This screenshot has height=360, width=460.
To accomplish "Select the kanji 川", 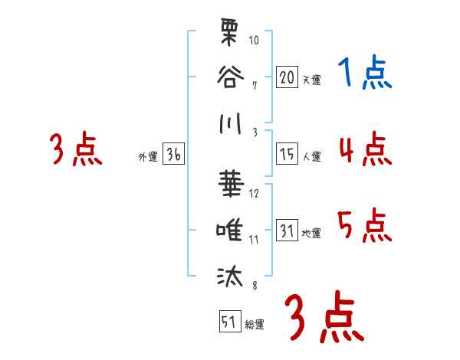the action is point(230,123).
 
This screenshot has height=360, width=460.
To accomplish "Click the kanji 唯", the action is point(230,229).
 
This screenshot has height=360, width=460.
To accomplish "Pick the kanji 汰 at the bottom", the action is point(230,276).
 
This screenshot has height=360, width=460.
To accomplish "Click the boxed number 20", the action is point(287,77).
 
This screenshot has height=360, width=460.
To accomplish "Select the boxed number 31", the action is point(287,231).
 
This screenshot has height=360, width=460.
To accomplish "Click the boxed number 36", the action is point(173,155).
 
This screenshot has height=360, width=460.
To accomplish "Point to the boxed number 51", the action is point(228,322).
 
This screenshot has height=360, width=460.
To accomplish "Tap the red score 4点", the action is point(364,149).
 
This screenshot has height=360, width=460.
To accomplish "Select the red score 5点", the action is point(364,227).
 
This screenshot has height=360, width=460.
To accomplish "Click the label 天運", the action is point(310,80).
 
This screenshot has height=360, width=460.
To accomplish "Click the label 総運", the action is point(254,325).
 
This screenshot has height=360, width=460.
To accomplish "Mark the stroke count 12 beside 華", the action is point(254,193).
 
